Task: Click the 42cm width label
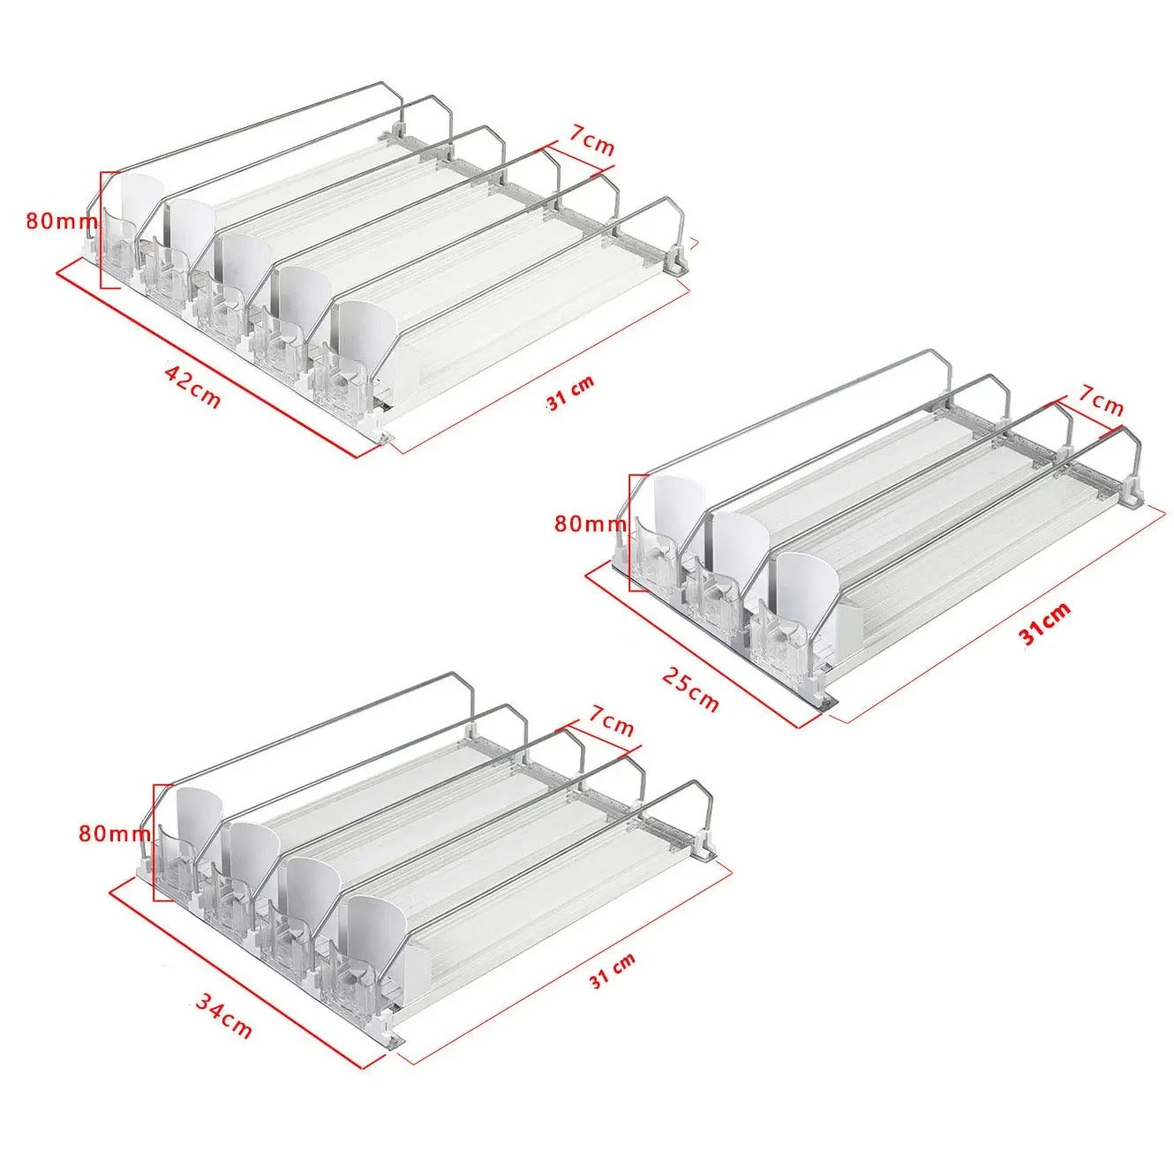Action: pyautogui.click(x=192, y=385)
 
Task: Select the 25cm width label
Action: pyautogui.click(x=689, y=688)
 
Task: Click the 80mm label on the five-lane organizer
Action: pyautogui.click(x=60, y=222)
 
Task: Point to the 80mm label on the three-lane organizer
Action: pyautogui.click(x=590, y=524)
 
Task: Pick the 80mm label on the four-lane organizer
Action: pyautogui.click(x=115, y=833)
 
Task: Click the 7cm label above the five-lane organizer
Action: pyautogui.click(x=591, y=146)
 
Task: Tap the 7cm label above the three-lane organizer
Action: pyautogui.click(x=1100, y=403)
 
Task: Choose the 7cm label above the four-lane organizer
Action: pyautogui.click(x=611, y=725)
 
